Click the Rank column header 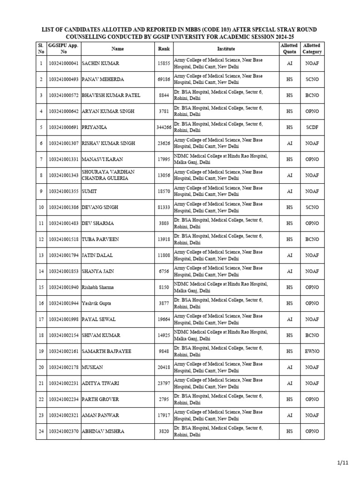164,49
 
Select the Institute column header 226,49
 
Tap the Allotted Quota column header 289,49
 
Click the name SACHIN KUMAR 100,63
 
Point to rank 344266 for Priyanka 164,127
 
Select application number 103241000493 64,79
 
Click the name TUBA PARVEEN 100,239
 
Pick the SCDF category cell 312,127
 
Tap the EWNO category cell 312,351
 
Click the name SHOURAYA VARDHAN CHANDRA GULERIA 108,175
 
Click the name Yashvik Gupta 97,303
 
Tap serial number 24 41,431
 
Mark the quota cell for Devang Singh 289,207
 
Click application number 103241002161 64,351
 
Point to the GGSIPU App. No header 64,49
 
